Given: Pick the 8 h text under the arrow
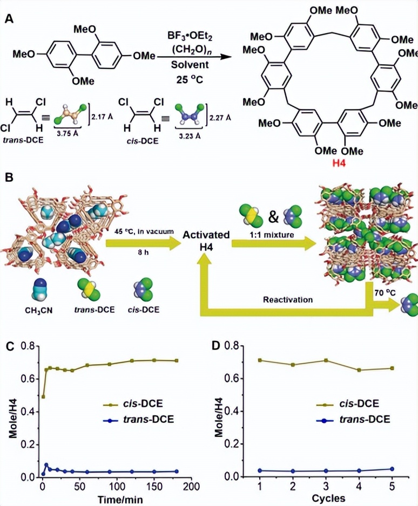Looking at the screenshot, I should click(x=139, y=250).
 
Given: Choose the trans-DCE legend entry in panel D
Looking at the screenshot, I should click(x=353, y=418).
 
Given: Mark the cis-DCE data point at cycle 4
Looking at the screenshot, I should click(x=359, y=370).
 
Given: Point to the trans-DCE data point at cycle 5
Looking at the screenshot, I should click(x=392, y=469).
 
